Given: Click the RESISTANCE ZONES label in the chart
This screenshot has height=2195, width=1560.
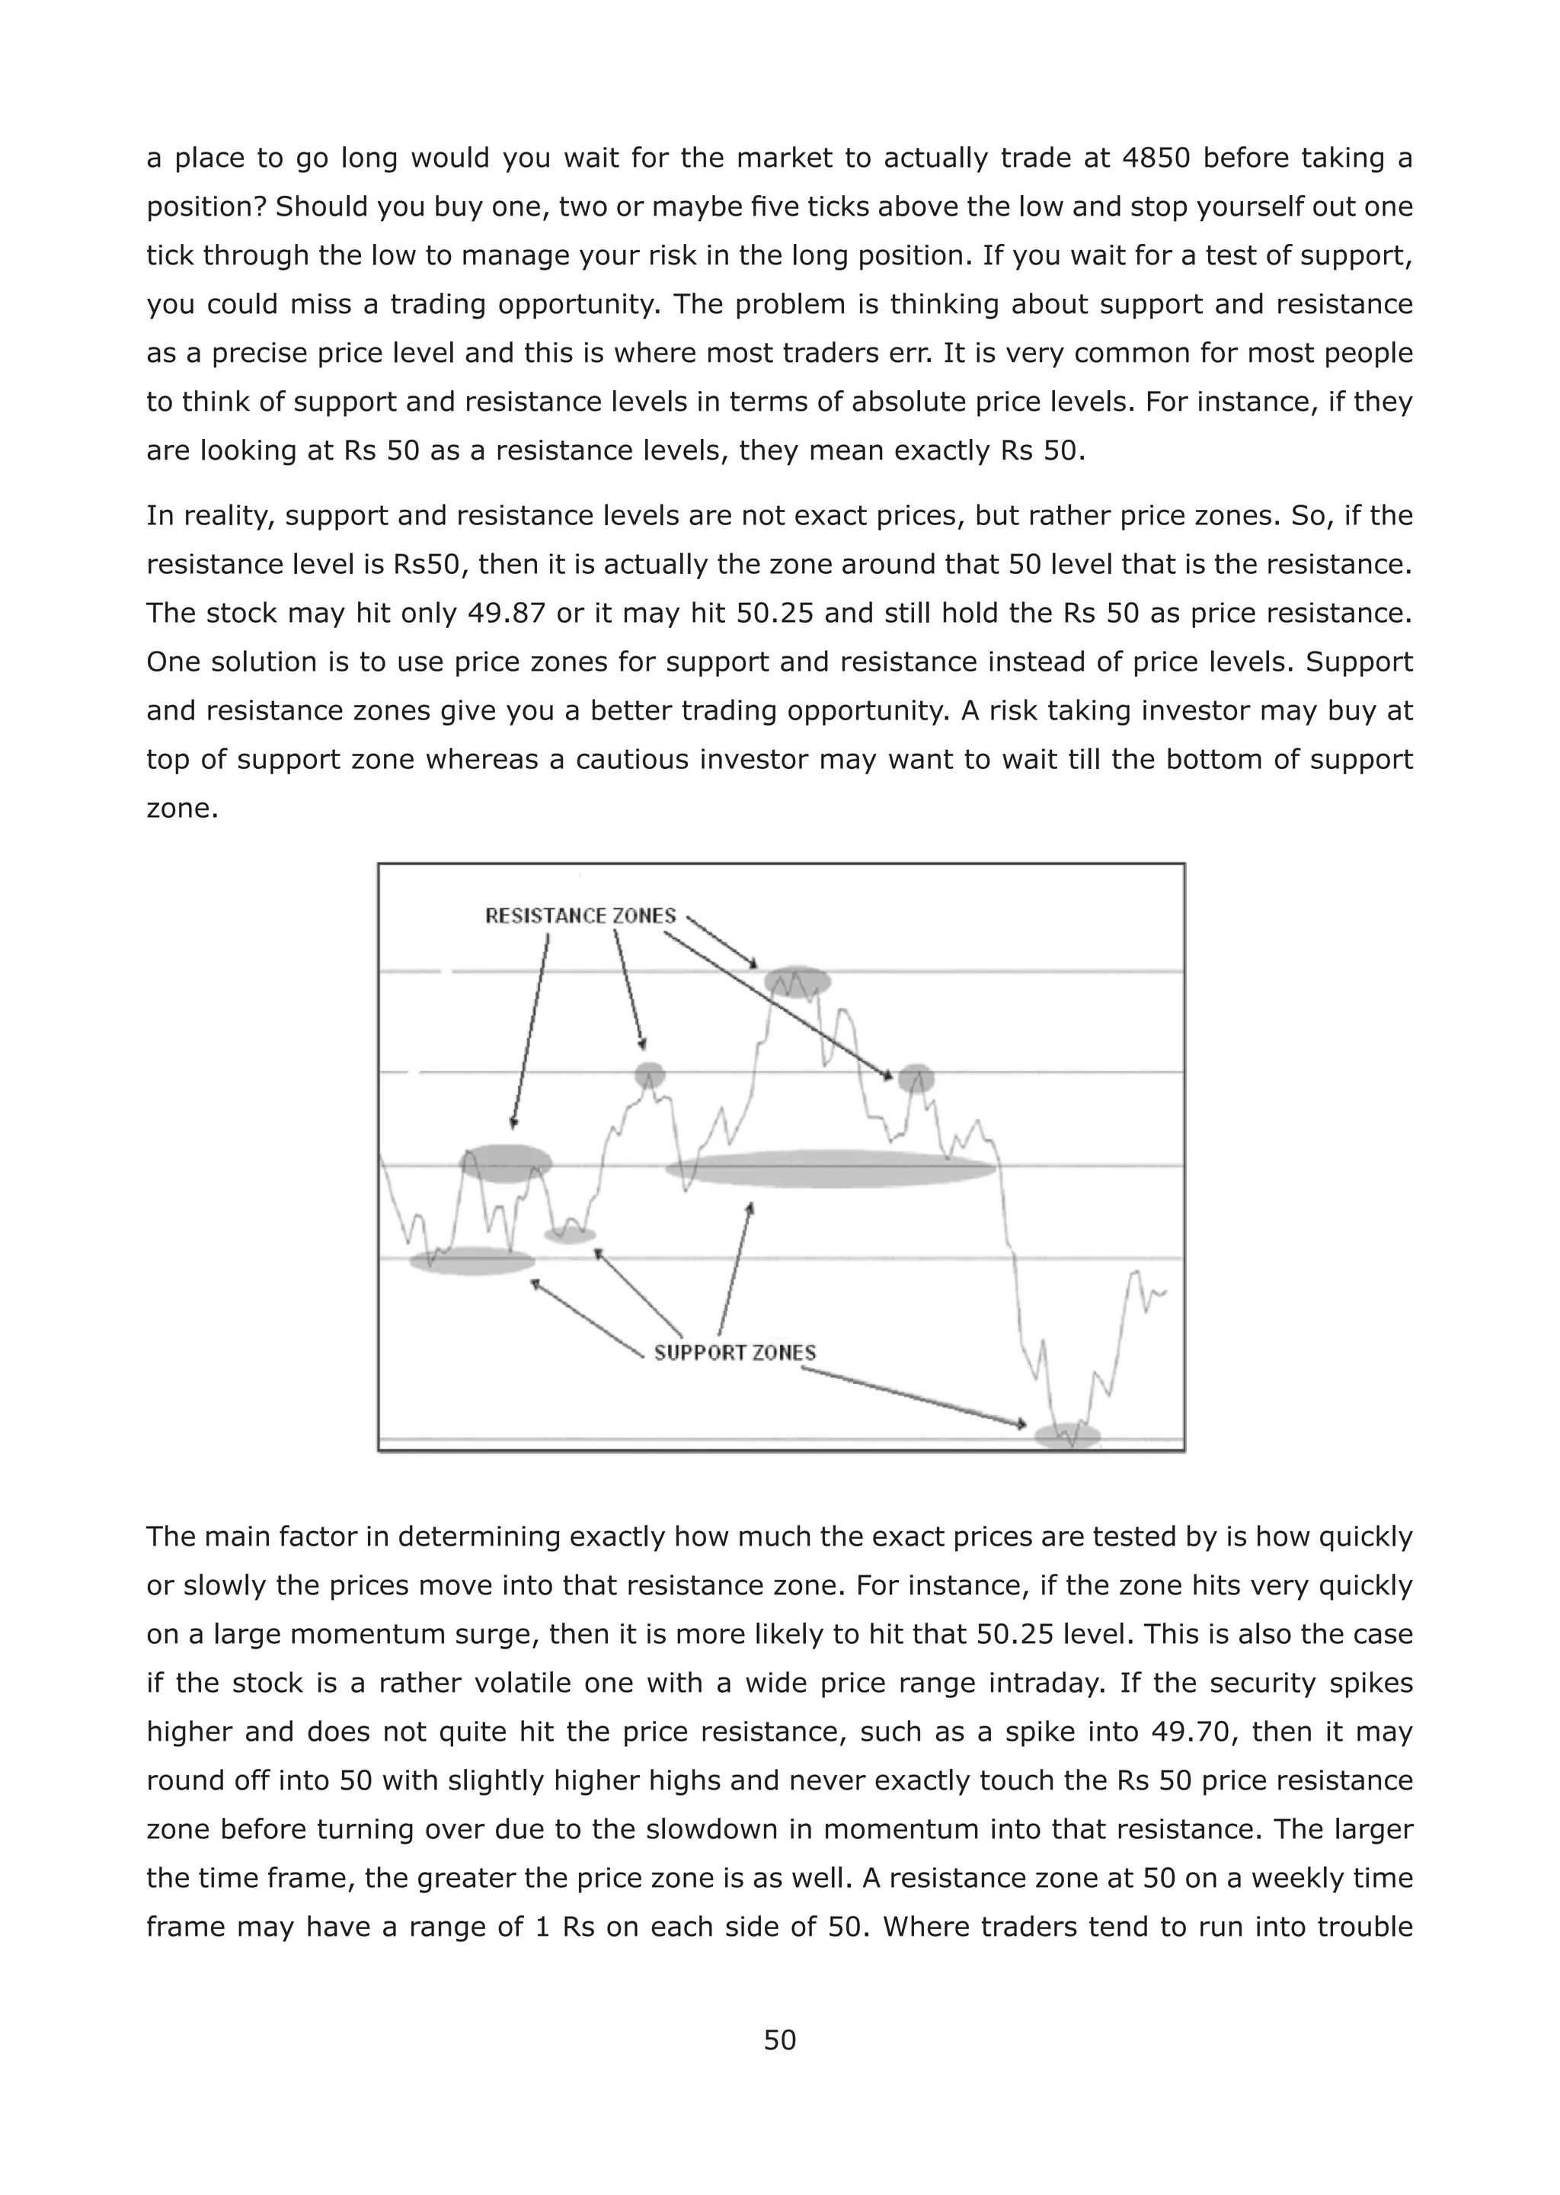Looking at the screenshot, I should pyautogui.click(x=580, y=916).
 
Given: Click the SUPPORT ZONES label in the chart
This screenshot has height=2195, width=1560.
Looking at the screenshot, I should pyautogui.click(x=735, y=1352).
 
